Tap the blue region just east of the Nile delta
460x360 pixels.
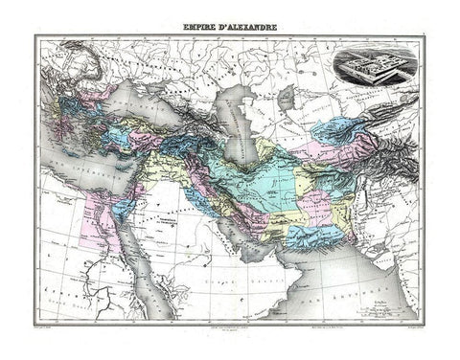[x=122, y=205]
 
